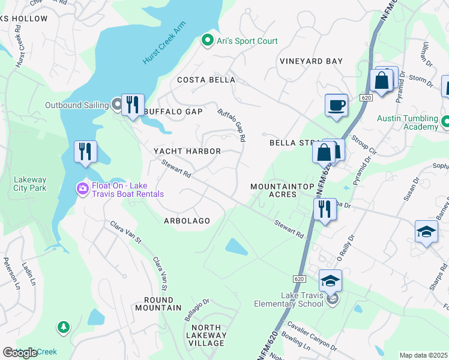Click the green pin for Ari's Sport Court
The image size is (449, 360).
208,41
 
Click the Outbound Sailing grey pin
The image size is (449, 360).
117,105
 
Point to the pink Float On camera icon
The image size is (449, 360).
82,189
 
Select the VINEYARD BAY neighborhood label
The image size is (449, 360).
311,61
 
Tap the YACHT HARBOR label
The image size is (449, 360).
187,151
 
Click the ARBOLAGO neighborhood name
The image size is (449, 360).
187,221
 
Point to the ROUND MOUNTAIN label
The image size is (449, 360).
158,304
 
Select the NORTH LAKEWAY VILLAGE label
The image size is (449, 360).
205,335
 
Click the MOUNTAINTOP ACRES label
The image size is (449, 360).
274,191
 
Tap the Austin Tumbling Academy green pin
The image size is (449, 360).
445,122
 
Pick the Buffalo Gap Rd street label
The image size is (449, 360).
232,125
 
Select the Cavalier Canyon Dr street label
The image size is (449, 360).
312,334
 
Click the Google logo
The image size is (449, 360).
20,353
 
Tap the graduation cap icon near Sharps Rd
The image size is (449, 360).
426,232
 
